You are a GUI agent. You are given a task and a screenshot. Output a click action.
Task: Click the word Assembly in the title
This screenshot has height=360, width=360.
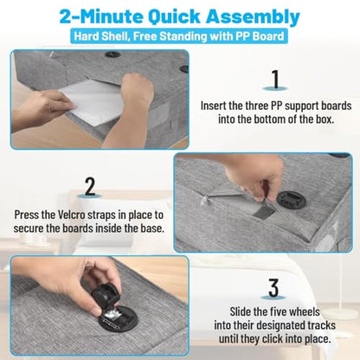[x=253, y=17]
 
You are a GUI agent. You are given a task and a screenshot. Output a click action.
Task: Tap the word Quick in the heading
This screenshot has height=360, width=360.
[x=174, y=16]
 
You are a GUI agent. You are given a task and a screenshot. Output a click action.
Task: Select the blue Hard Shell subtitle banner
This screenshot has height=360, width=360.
[x=179, y=36]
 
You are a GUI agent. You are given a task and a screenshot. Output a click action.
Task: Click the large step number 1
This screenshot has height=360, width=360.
[x=276, y=79]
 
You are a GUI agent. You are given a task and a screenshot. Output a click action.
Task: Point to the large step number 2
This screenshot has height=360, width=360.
[x=90, y=187]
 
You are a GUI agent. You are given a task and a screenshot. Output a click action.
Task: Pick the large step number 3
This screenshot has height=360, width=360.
[x=273, y=287]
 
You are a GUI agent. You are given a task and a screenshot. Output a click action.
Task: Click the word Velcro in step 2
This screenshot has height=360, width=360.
[x=72, y=215]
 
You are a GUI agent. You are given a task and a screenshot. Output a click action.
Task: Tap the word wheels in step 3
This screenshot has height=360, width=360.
[x=304, y=312]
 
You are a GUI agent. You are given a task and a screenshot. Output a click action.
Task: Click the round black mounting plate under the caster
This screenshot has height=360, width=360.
[x=119, y=319]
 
